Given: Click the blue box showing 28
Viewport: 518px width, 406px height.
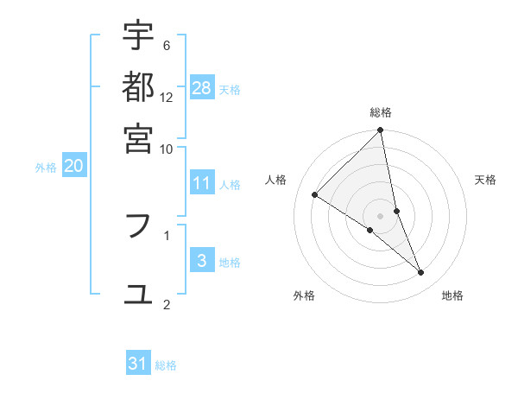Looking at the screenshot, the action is (x=202, y=87).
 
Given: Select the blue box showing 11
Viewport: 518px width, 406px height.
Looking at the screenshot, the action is (x=202, y=183).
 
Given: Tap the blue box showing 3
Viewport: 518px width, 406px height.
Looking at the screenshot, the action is (x=202, y=261).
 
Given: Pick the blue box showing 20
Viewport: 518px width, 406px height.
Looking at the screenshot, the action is (x=74, y=167).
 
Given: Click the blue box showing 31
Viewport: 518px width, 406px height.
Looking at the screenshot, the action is (x=138, y=364).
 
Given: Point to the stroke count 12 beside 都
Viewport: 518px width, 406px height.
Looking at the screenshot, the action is (x=167, y=98).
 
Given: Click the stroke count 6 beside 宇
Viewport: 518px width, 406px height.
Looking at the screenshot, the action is (x=167, y=46).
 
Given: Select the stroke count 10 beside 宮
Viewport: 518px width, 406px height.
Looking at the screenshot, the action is (x=167, y=149).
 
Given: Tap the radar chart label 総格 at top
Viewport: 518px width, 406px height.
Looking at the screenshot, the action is (x=381, y=112).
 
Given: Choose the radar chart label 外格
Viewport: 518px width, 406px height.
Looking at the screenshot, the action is (x=304, y=295).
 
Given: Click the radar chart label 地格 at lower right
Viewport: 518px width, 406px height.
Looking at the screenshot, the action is (x=452, y=295).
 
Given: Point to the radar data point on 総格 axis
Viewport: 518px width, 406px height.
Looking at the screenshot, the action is (x=381, y=131).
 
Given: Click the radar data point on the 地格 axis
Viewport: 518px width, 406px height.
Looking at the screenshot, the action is (x=421, y=273).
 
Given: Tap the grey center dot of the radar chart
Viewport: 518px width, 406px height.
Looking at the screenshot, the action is (x=381, y=216).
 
